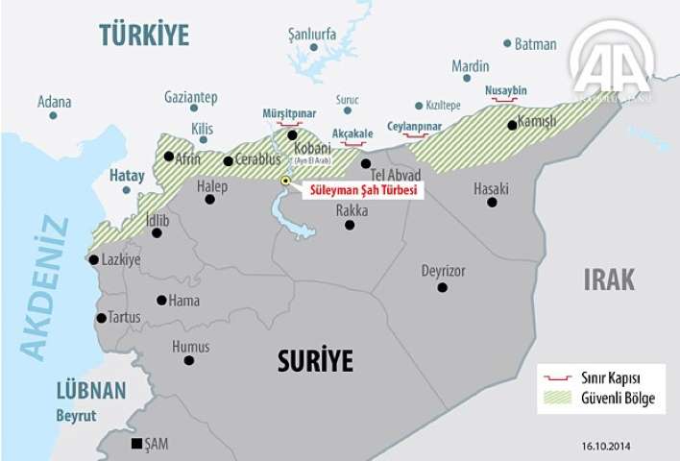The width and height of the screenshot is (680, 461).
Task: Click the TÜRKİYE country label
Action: (x=144, y=35)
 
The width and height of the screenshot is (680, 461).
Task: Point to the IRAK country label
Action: (x=609, y=279)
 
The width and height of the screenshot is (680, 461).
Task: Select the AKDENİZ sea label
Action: (x=44, y=289)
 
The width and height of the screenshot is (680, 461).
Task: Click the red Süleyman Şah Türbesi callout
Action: (x=361, y=191)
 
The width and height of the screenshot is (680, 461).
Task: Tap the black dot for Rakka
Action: (x=350, y=225)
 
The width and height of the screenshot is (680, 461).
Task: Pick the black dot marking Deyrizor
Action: (x=442, y=287)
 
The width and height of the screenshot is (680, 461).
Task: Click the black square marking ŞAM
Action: (x=137, y=443)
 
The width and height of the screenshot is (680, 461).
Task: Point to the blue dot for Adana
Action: (x=53, y=115)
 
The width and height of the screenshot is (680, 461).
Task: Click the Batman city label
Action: (x=535, y=44)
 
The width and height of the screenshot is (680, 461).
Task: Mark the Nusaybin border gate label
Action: (x=505, y=90)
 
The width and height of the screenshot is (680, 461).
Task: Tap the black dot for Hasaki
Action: (x=492, y=203)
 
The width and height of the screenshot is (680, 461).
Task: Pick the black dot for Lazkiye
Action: (x=93, y=259)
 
